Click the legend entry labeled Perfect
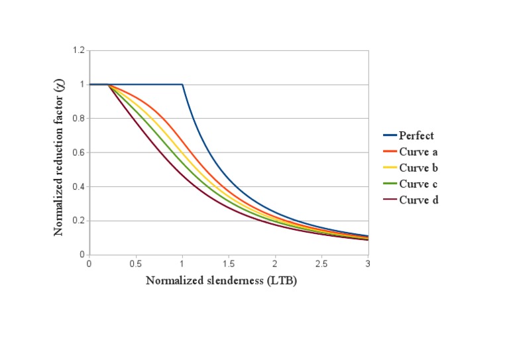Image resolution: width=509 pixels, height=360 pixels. [416, 136]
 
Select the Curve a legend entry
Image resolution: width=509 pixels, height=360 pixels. [418, 152]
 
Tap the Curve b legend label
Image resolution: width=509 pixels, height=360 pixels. [418, 168]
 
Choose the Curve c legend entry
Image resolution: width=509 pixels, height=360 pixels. [418, 184]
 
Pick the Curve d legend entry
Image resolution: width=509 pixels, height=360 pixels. [418, 200]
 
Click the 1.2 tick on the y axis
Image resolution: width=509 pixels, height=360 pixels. [80, 50]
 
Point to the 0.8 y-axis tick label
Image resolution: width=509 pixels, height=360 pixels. [80, 119]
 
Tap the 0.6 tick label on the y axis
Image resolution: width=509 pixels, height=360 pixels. [80, 152]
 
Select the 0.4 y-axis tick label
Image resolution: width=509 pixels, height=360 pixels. [80, 187]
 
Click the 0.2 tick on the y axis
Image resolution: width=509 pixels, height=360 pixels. [80, 221]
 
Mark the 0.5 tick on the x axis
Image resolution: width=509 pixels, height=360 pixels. [136, 264]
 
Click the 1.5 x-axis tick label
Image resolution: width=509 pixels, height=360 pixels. [229, 264]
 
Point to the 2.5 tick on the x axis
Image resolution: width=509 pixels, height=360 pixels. [321, 264]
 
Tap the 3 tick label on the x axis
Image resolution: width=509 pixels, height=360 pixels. [368, 264]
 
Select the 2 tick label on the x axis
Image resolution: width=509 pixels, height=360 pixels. [275, 264]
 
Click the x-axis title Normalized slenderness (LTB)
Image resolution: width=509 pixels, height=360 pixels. [221, 280]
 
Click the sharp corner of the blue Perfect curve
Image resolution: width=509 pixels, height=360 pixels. [182, 84]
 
